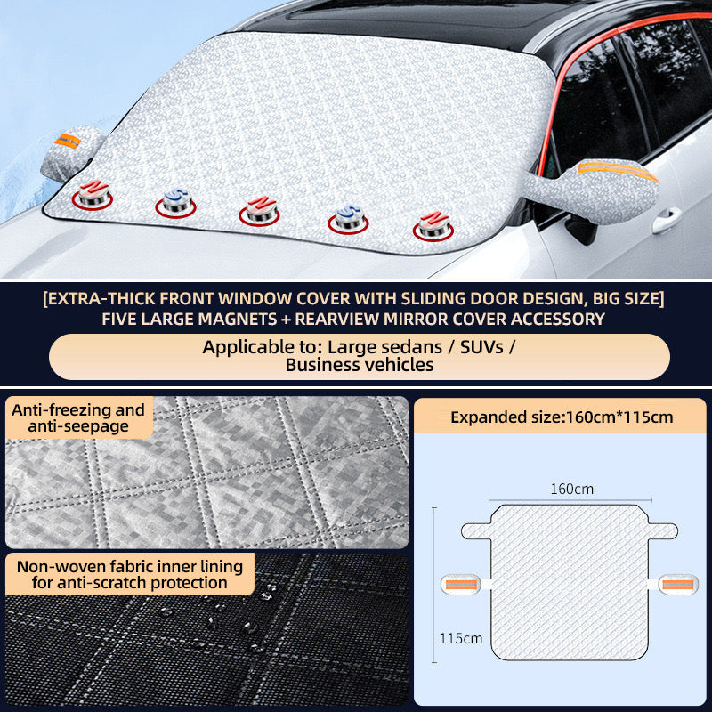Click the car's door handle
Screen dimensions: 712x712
[666, 220]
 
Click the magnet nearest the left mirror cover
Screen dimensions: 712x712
[93, 196]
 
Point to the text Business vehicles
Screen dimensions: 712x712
[360, 364]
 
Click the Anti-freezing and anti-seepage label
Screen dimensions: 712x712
[77, 418]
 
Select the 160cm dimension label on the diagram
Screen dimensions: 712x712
[571, 488]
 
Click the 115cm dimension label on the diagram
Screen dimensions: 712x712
[460, 637]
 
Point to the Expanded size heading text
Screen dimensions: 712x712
[562, 416]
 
